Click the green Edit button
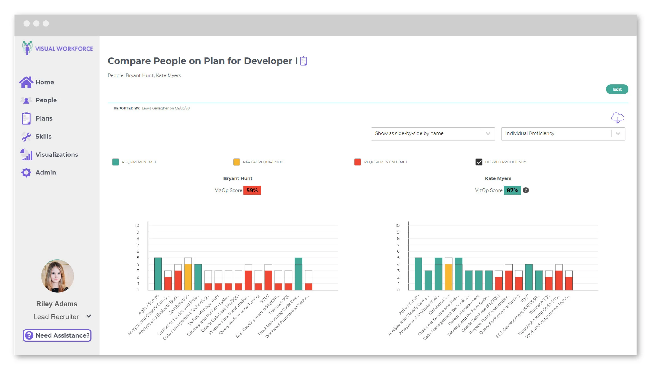click(617, 89)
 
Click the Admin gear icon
click(26, 172)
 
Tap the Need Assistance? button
click(57, 335)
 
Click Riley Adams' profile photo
click(57, 276)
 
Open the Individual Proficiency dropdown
click(563, 133)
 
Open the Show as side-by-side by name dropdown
click(432, 133)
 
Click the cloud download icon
click(617, 118)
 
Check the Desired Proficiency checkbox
click(478, 162)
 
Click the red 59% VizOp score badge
click(252, 190)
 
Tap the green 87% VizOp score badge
click(512, 190)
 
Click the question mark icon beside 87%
click(526, 190)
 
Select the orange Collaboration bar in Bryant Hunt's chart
click(188, 277)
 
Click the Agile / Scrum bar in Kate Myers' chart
click(418, 274)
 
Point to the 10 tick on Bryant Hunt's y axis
click(137, 225)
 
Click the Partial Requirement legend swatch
click(236, 162)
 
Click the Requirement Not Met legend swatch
click(357, 162)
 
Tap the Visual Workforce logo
click(57, 48)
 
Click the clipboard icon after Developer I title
click(303, 61)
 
